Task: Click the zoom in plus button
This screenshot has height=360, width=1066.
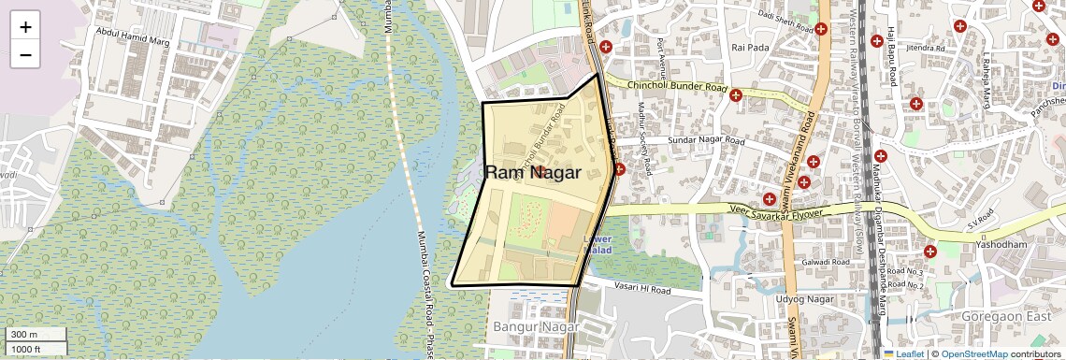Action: pyautogui.click(x=25, y=27)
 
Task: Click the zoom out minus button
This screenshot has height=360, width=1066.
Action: pyautogui.click(x=25, y=54)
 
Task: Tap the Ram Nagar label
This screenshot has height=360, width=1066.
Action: pyautogui.click(x=533, y=172)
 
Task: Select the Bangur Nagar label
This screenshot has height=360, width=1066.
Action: pyautogui.click(x=533, y=328)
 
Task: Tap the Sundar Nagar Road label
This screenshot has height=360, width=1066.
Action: pyautogui.click(x=706, y=141)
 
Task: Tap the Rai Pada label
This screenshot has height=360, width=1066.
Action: pyautogui.click(x=750, y=47)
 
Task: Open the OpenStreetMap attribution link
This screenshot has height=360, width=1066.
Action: pyautogui.click(x=973, y=353)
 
